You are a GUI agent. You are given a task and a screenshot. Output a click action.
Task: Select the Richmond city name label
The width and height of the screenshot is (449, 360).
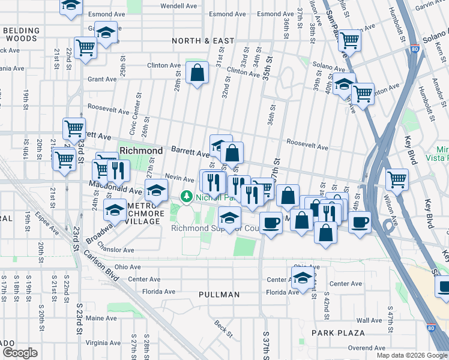pyautogui.click(x=141, y=150)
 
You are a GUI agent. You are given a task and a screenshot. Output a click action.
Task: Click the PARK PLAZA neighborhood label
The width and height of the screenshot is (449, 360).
pyautogui.click(x=338, y=332)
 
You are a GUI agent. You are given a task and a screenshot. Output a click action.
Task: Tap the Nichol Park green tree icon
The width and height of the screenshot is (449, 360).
pyautogui.click(x=187, y=196)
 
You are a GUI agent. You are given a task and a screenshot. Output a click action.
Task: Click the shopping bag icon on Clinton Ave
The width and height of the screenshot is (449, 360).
pyautogui.click(x=197, y=74)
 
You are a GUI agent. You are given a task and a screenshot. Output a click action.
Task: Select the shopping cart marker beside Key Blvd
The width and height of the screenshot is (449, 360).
pyautogui.click(x=396, y=178)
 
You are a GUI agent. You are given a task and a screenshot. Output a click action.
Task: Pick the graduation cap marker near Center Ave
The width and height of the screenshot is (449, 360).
pyautogui.click(x=302, y=277)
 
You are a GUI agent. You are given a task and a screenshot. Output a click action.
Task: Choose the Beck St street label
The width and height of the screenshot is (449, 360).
pyautogui.click(x=223, y=328)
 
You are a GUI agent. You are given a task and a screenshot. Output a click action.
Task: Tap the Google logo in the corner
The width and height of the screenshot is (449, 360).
pyautogui.click(x=20, y=352)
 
